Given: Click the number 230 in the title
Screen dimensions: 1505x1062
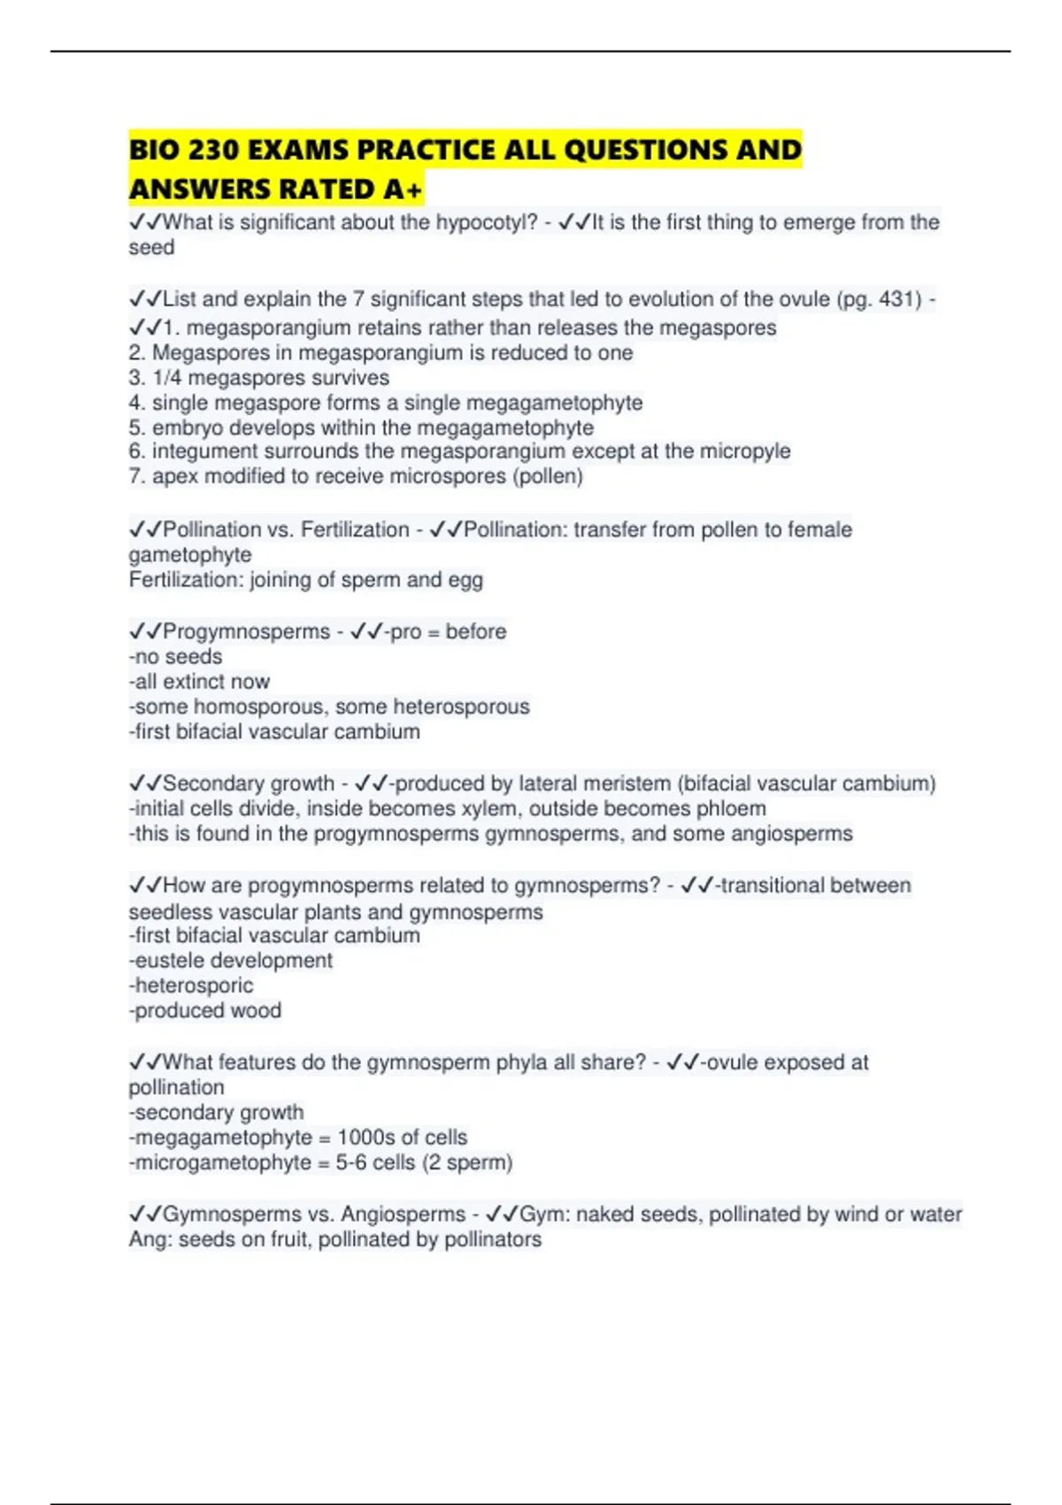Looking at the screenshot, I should pyautogui.click(x=212, y=150).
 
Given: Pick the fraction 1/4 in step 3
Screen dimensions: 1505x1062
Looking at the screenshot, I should pyautogui.click(x=167, y=378).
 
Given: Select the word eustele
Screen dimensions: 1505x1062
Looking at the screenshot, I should pyautogui.click(x=166, y=961).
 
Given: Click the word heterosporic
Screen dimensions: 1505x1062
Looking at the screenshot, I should pyautogui.click(x=194, y=985).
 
